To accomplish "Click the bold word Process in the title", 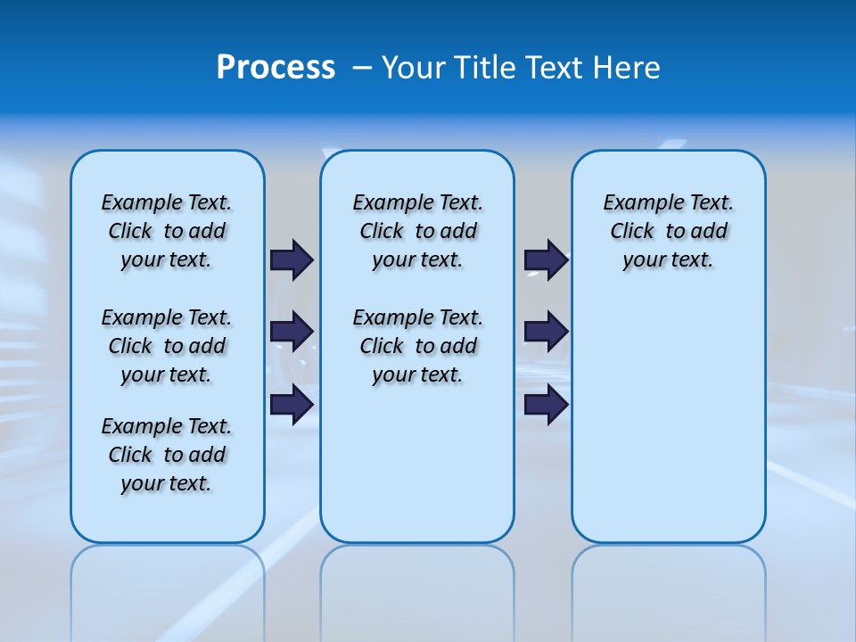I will [276, 68].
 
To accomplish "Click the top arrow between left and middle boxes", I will [292, 259].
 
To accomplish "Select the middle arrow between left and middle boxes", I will [292, 332].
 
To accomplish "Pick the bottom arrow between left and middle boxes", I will [292, 404].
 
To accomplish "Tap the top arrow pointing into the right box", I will [547, 259].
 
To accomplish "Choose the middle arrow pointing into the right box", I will [547, 332].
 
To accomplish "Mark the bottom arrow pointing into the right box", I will [547, 404].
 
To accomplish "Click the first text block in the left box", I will [167, 231].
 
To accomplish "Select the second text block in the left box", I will [167, 346].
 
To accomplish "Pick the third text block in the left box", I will [167, 455].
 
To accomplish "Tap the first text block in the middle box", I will [417, 231].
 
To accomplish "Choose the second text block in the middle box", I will [417, 346].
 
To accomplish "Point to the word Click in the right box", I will [632, 231].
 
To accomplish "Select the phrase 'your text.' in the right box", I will [668, 259].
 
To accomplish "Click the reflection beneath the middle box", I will [417, 588].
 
